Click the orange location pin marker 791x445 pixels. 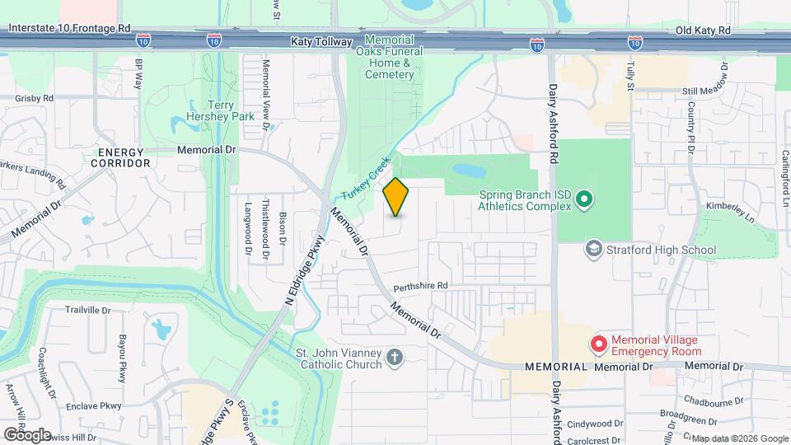tap(396, 197)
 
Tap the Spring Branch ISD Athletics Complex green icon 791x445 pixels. tap(584, 199)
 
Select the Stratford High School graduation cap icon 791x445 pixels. tap(593, 248)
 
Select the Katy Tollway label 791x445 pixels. tap(321, 40)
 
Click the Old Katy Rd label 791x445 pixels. tap(703, 30)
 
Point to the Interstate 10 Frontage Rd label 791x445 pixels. tap(70, 28)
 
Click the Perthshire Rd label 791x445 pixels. tap(419, 286)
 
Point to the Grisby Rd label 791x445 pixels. tap(35, 97)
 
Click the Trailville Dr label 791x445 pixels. tap(88, 310)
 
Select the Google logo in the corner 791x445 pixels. tap(27, 434)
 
